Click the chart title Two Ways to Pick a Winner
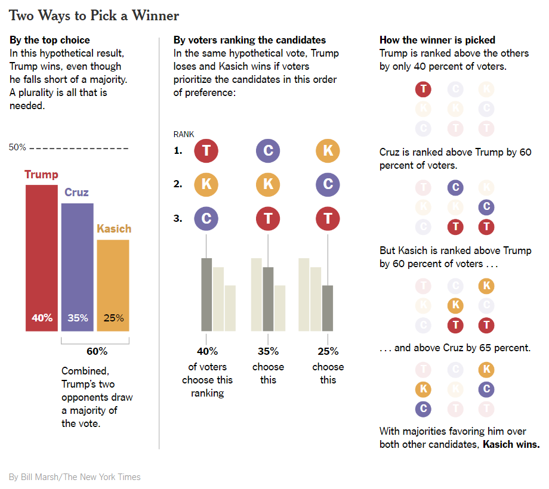[94, 15]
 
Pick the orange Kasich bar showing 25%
[113, 285]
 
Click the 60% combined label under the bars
[97, 351]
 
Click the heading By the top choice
[50, 40]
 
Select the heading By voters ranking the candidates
[249, 40]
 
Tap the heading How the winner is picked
[437, 40]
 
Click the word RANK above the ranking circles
[184, 134]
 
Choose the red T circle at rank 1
[206, 150]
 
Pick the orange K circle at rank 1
[328, 150]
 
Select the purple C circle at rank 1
[268, 150]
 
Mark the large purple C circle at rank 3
[206, 218]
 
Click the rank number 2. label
[178, 184]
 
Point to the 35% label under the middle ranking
[268, 351]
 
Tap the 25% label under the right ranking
[328, 351]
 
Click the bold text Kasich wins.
[511, 444]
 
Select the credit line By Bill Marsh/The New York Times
[75, 476]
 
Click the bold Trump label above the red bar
[41, 175]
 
